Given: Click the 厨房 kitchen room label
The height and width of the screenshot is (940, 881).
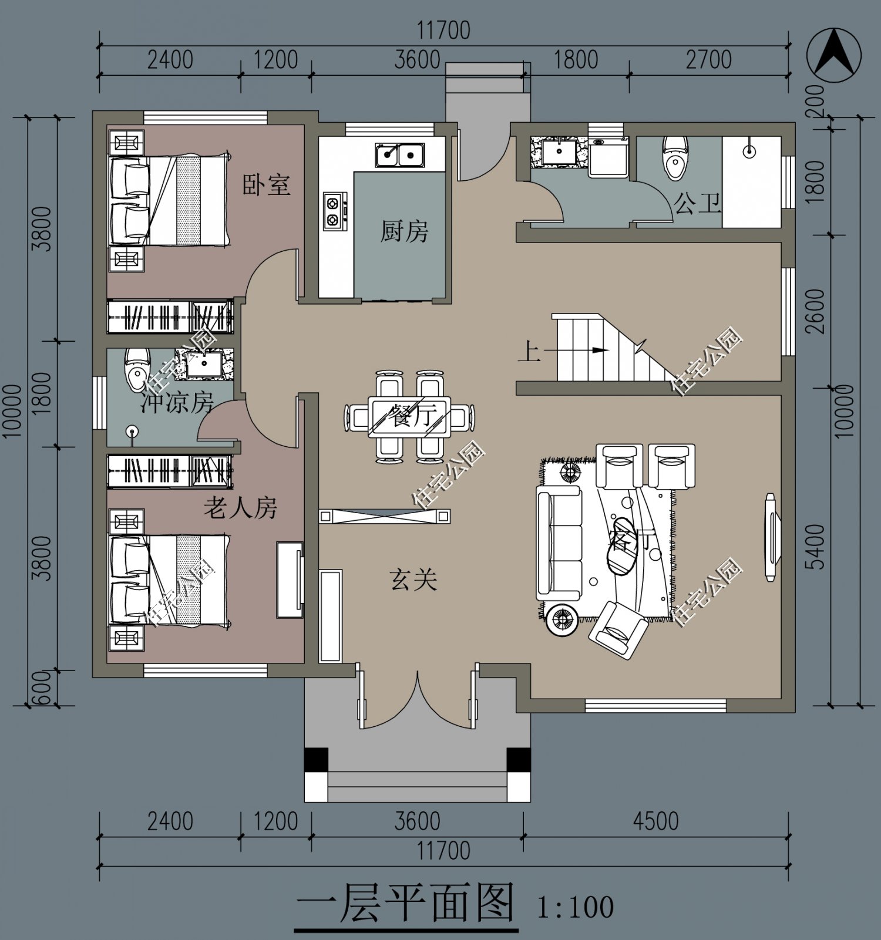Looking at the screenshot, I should pyautogui.click(x=404, y=231).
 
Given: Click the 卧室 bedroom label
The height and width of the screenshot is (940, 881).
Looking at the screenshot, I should pyautogui.click(x=266, y=186).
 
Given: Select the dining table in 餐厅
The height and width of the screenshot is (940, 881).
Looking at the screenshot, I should pyautogui.click(x=409, y=417).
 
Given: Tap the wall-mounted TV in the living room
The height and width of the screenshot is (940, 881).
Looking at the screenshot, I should pyautogui.click(x=770, y=537).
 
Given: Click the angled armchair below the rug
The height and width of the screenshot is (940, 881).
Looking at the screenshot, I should pyautogui.click(x=618, y=630).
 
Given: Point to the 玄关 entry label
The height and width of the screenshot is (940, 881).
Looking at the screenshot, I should pyautogui.click(x=413, y=580).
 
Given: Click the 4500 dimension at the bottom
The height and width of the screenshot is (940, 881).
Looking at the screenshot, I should pyautogui.click(x=655, y=821).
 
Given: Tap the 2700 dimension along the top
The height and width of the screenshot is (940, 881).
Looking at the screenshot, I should pyautogui.click(x=708, y=59).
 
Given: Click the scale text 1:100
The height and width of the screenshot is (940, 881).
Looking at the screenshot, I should pyautogui.click(x=575, y=907).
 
